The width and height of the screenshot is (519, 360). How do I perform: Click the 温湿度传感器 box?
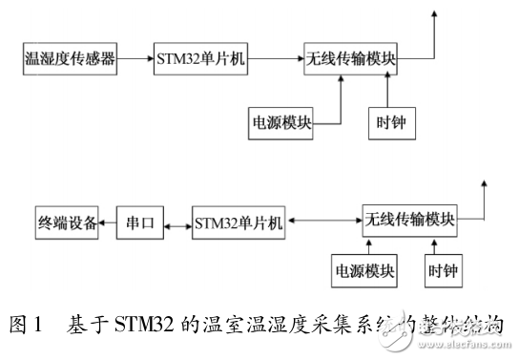[69, 59]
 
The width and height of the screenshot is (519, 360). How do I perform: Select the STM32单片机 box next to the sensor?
[200, 59]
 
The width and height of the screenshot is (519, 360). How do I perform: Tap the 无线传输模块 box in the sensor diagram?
[350, 59]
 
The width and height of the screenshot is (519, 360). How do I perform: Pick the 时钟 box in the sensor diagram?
[387, 122]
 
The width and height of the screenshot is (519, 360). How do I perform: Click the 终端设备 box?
[65, 223]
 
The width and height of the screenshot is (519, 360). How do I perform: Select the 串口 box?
[139, 223]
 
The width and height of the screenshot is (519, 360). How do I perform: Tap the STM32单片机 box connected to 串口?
[239, 223]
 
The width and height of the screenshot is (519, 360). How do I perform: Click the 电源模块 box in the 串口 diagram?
[363, 270]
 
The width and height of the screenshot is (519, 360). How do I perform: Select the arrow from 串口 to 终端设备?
[106, 223]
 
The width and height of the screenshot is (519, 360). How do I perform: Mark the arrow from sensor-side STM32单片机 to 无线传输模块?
[277, 59]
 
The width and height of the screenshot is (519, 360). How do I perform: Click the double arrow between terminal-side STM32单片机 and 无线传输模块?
[323, 220]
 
